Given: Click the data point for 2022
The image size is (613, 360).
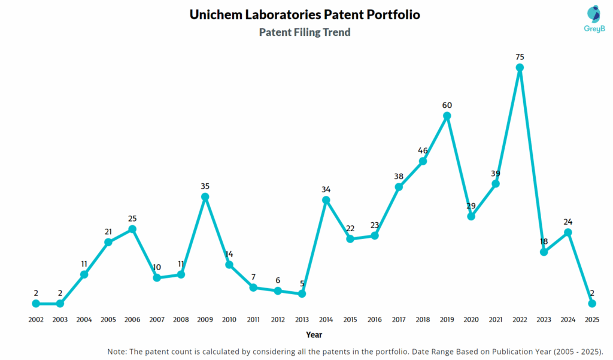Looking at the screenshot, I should pyautogui.click(x=520, y=68).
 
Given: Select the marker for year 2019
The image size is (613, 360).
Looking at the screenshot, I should pyautogui.click(x=447, y=116).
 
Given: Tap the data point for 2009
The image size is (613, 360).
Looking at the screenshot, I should pyautogui.click(x=205, y=196).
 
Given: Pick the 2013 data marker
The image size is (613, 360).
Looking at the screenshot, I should pyautogui.click(x=302, y=294).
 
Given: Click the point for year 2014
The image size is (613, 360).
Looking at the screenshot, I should pyautogui.click(x=326, y=199).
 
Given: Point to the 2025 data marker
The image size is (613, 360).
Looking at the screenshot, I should pyautogui.click(x=592, y=303).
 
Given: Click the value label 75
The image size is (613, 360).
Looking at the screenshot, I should pyautogui.click(x=520, y=57).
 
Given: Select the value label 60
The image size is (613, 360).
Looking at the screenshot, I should pyautogui.click(x=447, y=105).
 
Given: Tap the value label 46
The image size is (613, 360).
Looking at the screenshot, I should pyautogui.click(x=423, y=150).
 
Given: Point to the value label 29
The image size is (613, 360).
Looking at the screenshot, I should pyautogui.click(x=471, y=205).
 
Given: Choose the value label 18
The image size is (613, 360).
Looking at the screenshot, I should pyautogui.click(x=544, y=241).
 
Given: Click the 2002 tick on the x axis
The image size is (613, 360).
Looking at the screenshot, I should pyautogui.click(x=36, y=320).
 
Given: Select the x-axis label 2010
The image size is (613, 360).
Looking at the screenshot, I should pyautogui.click(x=229, y=320).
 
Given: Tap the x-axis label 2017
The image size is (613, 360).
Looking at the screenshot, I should pyautogui.click(x=399, y=320).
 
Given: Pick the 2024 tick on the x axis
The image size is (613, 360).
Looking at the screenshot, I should pyautogui.click(x=568, y=320).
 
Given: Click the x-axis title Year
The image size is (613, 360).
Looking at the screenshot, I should pyautogui.click(x=314, y=335).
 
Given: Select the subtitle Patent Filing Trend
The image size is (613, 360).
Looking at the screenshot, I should pyautogui.click(x=305, y=32).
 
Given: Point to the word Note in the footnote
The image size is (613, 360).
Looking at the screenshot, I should pyautogui.click(x=118, y=351).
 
